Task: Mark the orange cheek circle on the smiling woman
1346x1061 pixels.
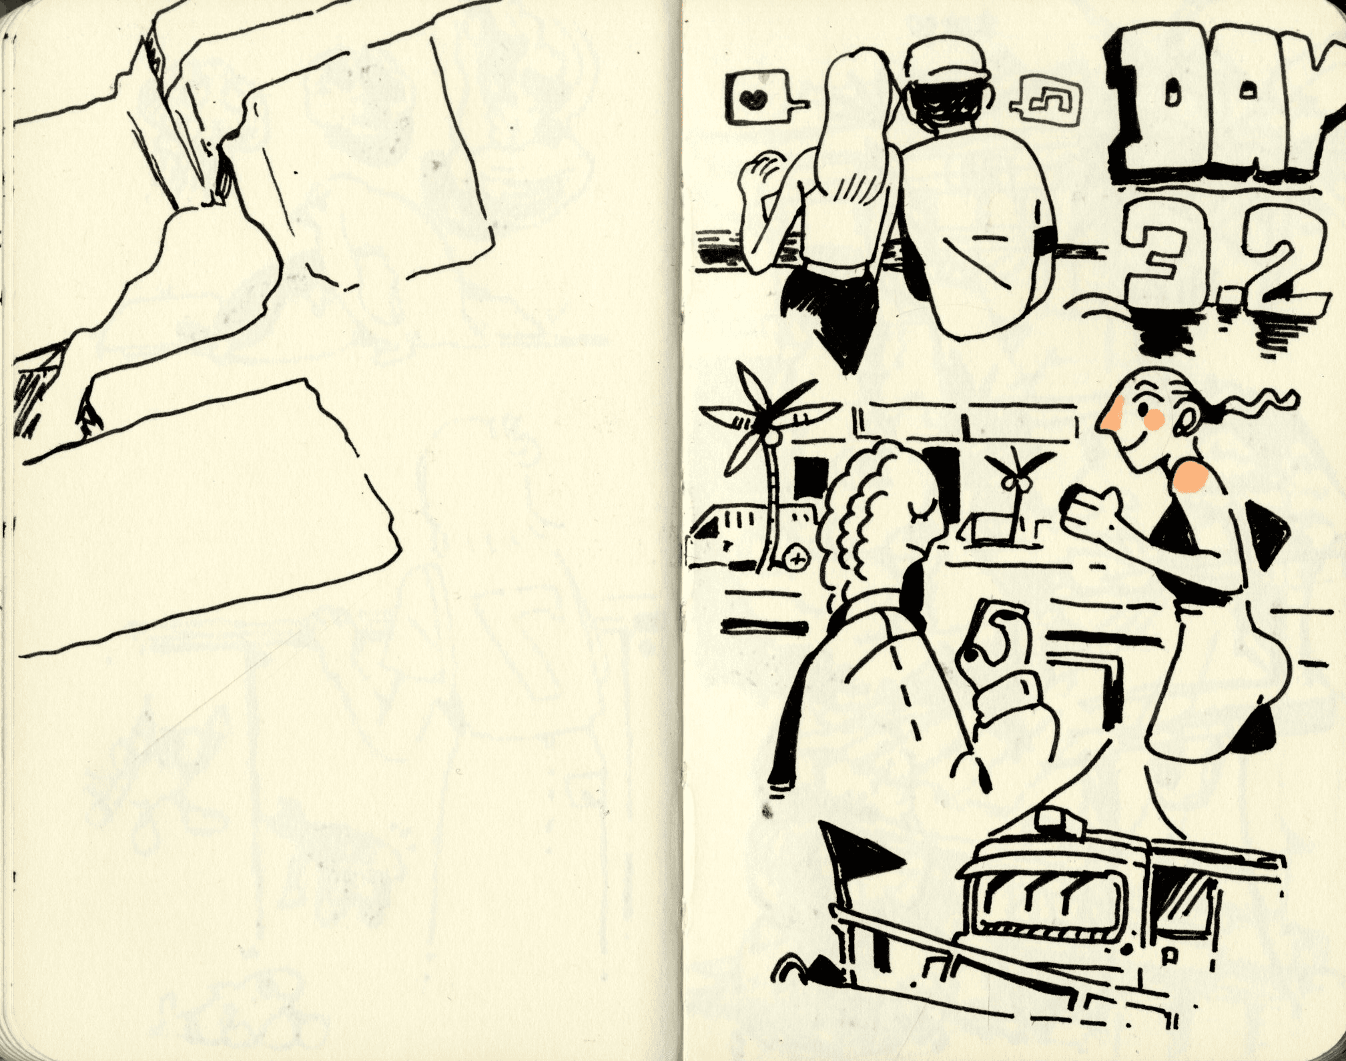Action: [1154, 418]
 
